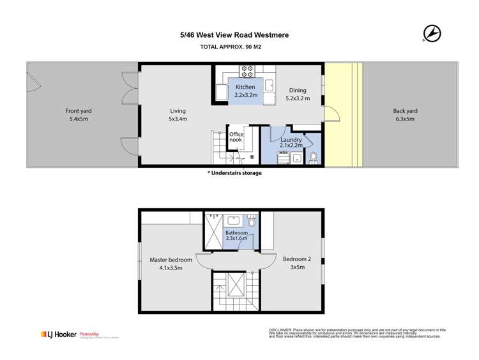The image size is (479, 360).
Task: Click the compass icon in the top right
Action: point(432,32)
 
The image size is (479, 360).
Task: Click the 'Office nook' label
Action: point(237,138)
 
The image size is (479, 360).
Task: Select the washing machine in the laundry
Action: point(282,158)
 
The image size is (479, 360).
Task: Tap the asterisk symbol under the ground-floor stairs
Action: point(252,157)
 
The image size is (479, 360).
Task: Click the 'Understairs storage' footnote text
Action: point(234,173)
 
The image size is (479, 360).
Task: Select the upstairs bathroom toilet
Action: point(252,223)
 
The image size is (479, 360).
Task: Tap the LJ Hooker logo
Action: point(57,334)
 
